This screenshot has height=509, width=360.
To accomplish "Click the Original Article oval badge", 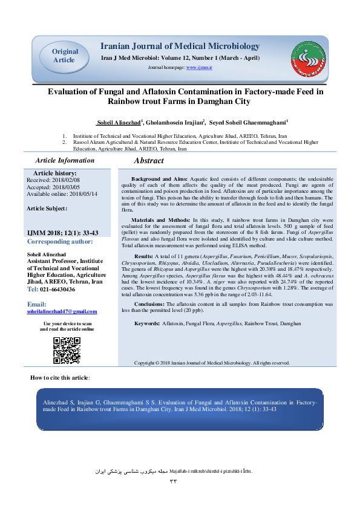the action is [64, 56].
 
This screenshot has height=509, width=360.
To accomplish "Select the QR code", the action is [67, 351].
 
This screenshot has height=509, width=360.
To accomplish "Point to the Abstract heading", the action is [148, 161].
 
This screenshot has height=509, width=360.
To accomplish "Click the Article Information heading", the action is [65, 160].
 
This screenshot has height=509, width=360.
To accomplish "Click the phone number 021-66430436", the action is [57, 290].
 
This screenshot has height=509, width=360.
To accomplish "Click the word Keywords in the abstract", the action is [146, 324].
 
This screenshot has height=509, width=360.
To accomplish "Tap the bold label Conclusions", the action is [148, 304].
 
